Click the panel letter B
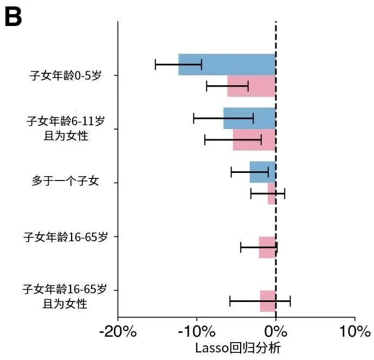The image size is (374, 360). coord(13,17)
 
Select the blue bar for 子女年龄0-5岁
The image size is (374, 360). coord(227,65)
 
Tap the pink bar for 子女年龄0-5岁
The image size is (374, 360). coord(252,86)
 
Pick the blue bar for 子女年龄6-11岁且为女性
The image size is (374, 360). coord(249,118)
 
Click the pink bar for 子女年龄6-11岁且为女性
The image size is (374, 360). coord(254,140)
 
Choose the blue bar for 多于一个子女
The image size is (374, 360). coord(262,172)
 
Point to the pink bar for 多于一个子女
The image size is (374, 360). coord(272,194)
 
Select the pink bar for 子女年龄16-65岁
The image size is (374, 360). coord(267,247)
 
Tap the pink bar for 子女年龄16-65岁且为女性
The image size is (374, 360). coord(268,301)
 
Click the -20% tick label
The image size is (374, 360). coord(118,331)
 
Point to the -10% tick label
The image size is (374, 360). coord(197,331)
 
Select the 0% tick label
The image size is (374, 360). coord(276,331)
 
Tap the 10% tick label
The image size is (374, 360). coord(354,331)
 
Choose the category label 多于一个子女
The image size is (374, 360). coord(66,182)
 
